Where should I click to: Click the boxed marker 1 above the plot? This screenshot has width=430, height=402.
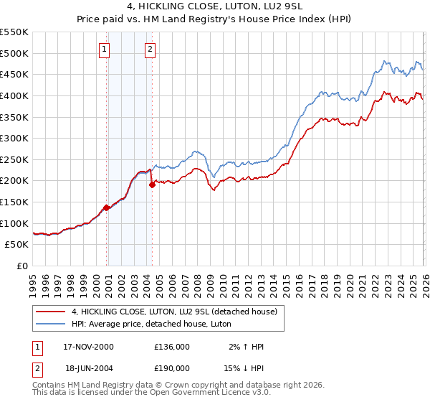tap(105, 50)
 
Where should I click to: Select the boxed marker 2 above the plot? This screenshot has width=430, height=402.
tap(150, 50)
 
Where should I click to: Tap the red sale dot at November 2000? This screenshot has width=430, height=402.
tap(107, 207)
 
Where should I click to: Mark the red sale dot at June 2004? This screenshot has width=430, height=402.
tap(152, 184)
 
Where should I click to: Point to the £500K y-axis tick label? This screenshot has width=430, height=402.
tap(14, 53)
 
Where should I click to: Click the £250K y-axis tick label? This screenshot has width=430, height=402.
tap(14, 159)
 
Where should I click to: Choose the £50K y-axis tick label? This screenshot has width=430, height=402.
tap(17, 245)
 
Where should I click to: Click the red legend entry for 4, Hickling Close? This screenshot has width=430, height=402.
tap(178, 311)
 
